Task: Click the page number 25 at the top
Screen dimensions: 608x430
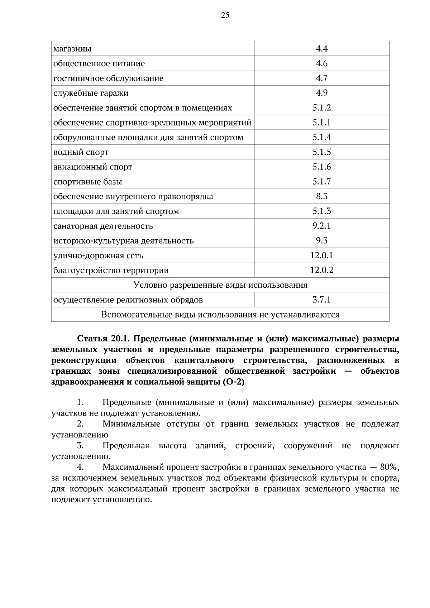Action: pos(225,15)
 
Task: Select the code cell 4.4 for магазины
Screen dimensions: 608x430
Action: pos(321,49)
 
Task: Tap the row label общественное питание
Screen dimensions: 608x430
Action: pos(99,64)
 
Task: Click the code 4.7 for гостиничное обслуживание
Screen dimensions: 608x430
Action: pos(321,78)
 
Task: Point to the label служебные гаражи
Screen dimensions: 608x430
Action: pos(91,93)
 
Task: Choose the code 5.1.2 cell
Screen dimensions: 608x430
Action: pos(321,108)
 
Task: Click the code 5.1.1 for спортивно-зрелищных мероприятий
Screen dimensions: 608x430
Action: pos(321,123)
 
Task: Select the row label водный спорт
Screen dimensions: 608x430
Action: pos(81,152)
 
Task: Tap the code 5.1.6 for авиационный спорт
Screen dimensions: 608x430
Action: pos(321,167)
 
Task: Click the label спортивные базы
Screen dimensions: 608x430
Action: pos(87,182)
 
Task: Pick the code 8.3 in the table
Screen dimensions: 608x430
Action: pos(321,196)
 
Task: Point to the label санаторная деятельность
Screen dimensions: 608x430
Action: pos(103,226)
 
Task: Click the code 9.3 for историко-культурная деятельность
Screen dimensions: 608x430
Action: pos(321,241)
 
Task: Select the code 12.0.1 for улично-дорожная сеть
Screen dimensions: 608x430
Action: pos(321,255)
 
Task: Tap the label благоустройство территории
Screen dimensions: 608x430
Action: pos(111,271)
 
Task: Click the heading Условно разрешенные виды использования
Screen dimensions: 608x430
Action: pos(220,285)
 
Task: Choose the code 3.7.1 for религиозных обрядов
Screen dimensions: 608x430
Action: pos(321,300)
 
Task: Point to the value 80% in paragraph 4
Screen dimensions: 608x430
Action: pos(389,467)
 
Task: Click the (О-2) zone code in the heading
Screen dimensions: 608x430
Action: pos(233,382)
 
